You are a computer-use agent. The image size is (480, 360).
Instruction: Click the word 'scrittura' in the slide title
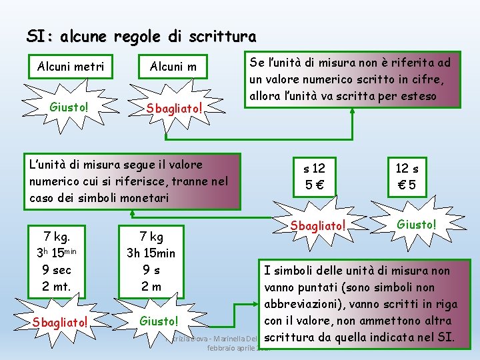[223, 36]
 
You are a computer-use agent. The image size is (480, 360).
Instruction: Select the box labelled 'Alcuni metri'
[71, 67]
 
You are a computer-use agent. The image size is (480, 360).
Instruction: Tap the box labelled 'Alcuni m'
[173, 67]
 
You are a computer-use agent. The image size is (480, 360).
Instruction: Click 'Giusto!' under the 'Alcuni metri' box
[69, 107]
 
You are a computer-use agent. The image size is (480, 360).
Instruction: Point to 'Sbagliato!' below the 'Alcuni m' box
[173, 107]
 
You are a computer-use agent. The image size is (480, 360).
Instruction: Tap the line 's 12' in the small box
[314, 169]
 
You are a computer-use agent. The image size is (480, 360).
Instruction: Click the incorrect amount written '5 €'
[315, 185]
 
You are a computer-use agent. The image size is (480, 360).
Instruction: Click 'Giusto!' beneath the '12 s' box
[417, 225]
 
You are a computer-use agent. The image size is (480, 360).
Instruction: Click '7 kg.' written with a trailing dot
[57, 236]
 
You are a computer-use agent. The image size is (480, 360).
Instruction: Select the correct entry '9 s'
[151, 271]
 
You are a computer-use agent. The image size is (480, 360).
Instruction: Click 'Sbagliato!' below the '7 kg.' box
[61, 322]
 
